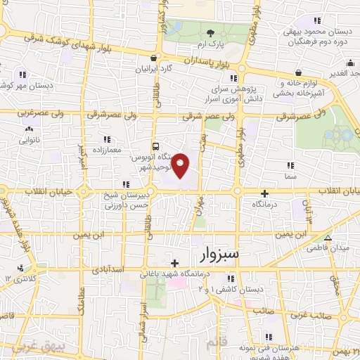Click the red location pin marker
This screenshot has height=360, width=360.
pos(181,165)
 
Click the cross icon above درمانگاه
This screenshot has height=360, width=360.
pos(265,193)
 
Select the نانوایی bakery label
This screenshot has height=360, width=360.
pos(29,140)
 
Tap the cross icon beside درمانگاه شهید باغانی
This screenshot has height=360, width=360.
pos(174,263)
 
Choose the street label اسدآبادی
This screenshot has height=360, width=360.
pos(107,269)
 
